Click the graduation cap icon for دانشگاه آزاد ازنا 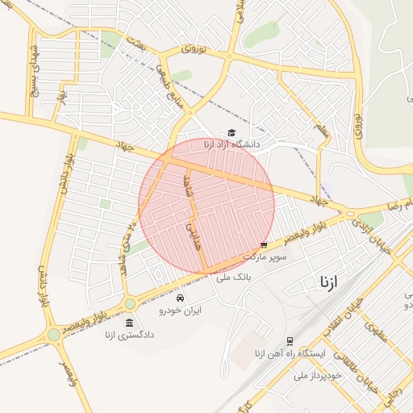click(232, 132)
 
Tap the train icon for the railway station click(290, 341)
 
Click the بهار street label click(60, 94)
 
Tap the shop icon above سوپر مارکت click(264, 245)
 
